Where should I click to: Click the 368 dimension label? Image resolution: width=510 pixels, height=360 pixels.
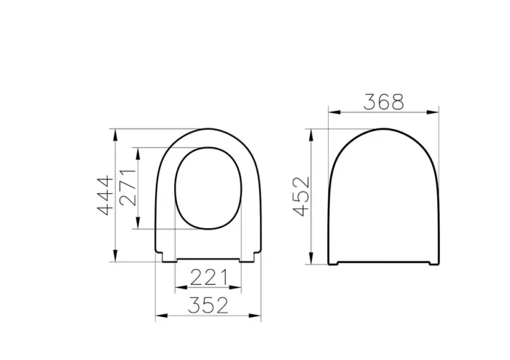tap(385, 102)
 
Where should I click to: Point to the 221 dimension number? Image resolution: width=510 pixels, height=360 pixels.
tap(209, 277)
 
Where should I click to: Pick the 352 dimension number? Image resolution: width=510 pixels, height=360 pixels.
tap(209, 305)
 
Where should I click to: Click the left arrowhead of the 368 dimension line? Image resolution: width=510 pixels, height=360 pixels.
tap(331, 113)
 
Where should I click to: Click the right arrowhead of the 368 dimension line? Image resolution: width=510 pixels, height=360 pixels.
tap(437, 113)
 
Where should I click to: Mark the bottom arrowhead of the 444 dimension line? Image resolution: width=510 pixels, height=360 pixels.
tap(115, 258)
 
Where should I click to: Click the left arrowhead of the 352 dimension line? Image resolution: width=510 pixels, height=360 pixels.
tap(160, 317)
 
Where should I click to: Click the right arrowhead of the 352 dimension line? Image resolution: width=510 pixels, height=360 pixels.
tap(259, 317)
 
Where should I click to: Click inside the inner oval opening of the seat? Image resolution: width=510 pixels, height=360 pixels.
tap(209, 187)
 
